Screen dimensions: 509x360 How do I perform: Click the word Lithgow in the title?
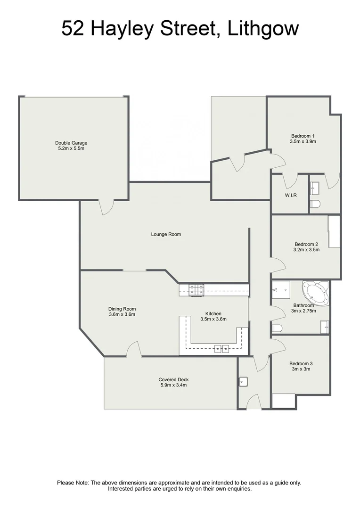tap(263, 29)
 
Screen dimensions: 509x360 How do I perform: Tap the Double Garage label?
tap(71, 143)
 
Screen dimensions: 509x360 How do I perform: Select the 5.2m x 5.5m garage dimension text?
tap(71, 148)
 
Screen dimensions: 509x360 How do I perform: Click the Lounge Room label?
tap(166, 234)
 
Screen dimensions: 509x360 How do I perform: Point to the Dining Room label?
tap(122, 309)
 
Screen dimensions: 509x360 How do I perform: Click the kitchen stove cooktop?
tap(196, 290)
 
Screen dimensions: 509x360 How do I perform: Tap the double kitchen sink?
tap(221, 349)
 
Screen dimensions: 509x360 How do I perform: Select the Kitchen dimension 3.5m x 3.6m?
tap(213, 319)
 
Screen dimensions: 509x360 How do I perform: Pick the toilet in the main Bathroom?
tap(277, 328)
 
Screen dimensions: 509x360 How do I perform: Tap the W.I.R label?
tap(290, 196)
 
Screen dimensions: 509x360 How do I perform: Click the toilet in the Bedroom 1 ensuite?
tap(315, 204)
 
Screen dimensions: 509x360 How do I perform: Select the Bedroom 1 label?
tap(303, 136)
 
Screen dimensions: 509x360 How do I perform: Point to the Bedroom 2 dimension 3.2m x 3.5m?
tap(307, 250)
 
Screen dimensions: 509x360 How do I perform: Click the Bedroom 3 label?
tap(301, 363)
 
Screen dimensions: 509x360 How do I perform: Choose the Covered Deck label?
tap(171, 379)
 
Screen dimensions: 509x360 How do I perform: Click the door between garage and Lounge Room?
tap(106, 206)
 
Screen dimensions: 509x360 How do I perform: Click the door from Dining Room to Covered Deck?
tap(134, 350)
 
